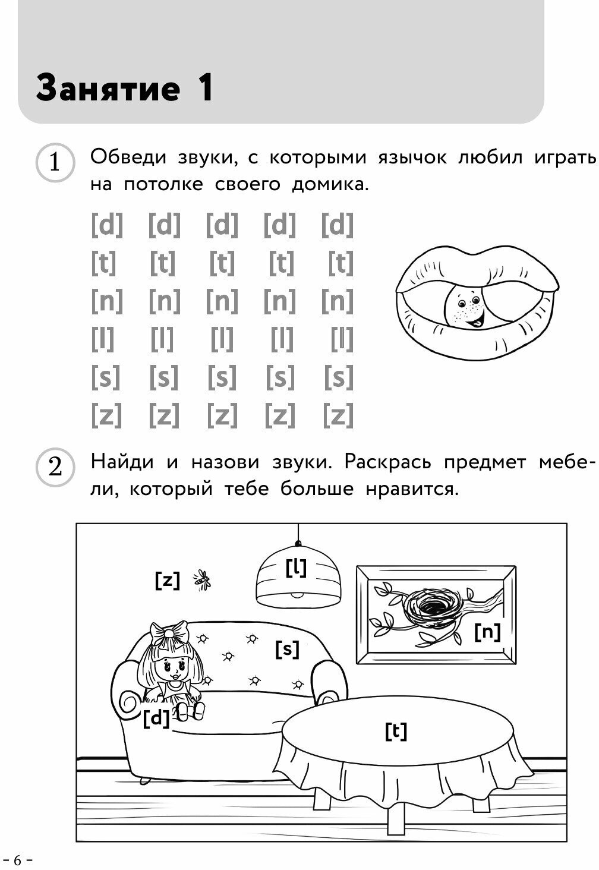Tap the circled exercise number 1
55,162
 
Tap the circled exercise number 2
55,468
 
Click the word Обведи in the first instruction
128,158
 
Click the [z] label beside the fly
167,579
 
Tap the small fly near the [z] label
202,579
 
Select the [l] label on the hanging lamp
296,568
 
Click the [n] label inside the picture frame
487,632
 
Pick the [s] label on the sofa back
288,649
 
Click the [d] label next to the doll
156,718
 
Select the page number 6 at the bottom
17,859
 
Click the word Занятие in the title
108,89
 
